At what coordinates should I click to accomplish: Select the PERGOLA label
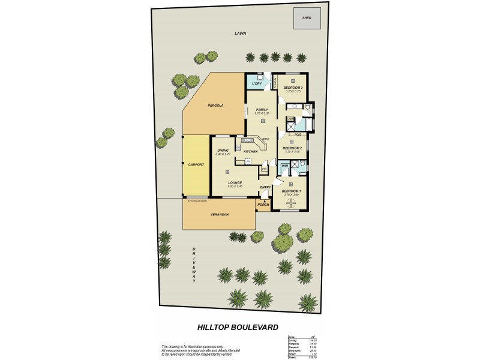(x=215, y=106)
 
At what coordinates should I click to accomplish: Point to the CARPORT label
(x=196, y=164)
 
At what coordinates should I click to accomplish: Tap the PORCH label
(x=263, y=205)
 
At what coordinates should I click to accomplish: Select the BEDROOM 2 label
(x=292, y=148)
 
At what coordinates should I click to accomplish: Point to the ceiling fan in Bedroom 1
(x=292, y=202)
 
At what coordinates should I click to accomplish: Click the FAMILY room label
(x=262, y=109)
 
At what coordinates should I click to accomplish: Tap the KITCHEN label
(x=250, y=152)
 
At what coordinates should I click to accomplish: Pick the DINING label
(x=223, y=150)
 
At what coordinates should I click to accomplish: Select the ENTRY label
(x=265, y=187)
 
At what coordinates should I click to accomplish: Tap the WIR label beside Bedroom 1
(x=285, y=166)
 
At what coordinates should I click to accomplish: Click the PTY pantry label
(x=263, y=169)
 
